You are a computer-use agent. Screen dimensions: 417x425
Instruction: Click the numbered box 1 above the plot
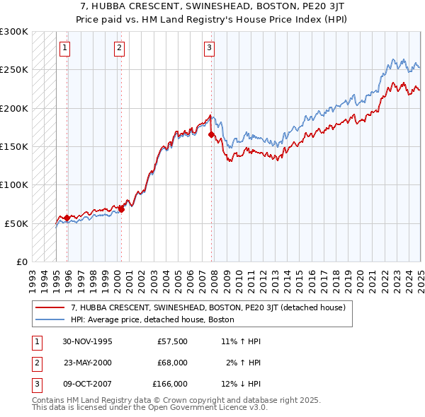64,48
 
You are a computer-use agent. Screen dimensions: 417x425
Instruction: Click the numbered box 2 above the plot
119,48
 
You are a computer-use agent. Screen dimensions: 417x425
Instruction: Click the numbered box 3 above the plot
210,48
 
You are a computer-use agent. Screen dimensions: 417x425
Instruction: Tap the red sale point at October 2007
211,134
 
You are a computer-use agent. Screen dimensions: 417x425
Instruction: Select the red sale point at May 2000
121,209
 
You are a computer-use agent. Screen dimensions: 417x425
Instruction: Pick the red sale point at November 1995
67,218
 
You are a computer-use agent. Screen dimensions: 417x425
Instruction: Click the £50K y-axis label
17,223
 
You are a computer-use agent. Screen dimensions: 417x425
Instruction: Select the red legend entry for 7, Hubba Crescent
208,307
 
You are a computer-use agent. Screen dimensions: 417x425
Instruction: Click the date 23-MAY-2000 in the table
88,363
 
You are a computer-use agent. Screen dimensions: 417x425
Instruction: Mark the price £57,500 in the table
172,341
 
